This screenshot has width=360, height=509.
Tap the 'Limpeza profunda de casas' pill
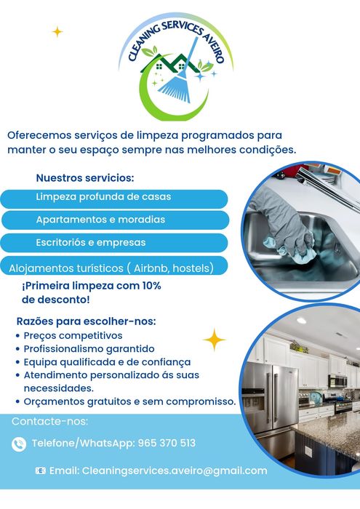click(114, 198)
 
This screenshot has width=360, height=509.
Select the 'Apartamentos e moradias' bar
click(114, 220)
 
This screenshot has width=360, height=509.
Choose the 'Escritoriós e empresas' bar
click(114, 242)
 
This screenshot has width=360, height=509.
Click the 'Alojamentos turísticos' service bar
click(114, 268)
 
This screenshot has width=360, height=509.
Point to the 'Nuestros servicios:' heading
click(85, 177)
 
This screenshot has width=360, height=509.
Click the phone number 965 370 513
click(167, 443)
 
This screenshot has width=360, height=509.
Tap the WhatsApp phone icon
click(19, 444)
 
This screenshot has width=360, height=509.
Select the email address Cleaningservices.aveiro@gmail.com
click(175, 470)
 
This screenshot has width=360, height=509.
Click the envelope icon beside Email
click(41, 471)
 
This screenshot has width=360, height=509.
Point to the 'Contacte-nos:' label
click(49, 422)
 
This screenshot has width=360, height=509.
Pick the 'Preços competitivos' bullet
click(73, 336)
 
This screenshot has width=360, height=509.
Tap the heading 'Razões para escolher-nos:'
click(87, 321)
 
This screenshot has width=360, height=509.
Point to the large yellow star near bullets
click(214, 340)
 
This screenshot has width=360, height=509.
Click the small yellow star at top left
click(57, 31)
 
